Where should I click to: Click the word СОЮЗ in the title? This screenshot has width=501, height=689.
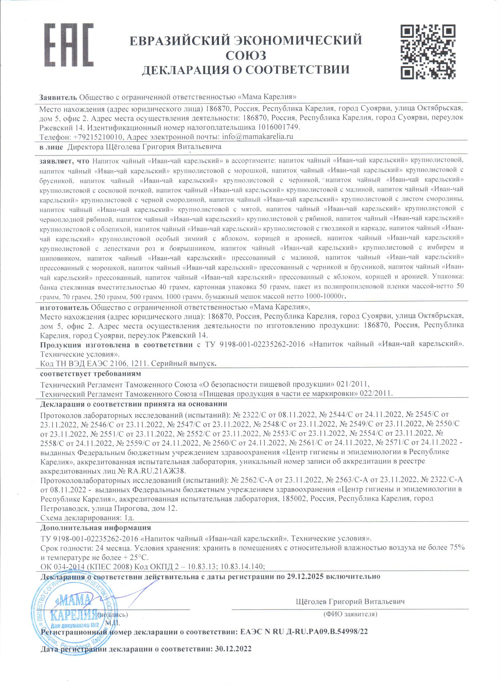coord(246,55)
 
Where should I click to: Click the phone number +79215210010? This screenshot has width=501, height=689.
coord(98,137)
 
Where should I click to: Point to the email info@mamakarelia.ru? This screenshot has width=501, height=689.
coord(258,136)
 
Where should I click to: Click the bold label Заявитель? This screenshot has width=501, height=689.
coord(58,97)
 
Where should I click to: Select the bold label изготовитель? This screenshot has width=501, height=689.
coord(65,307)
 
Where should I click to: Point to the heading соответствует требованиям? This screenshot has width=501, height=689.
coord(90,373)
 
